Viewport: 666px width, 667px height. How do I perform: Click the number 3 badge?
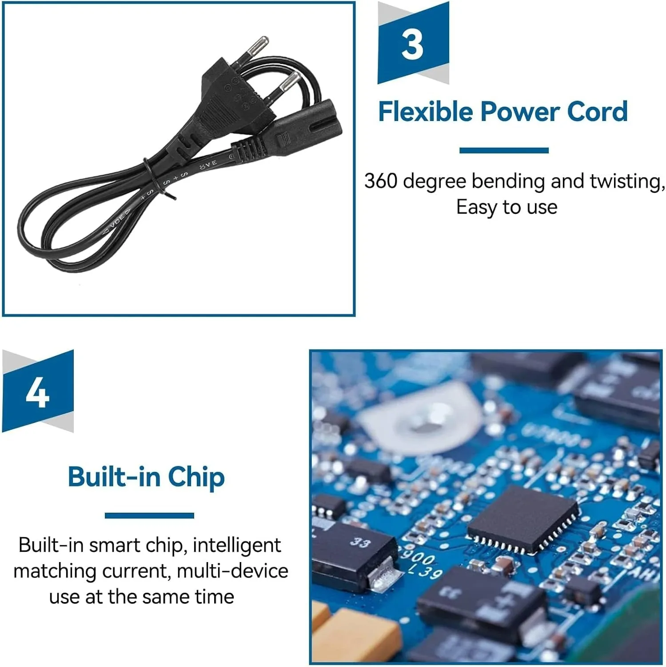point(413,43)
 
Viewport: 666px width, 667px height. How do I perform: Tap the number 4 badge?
point(38,391)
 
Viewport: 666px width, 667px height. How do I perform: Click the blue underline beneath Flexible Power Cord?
point(504,150)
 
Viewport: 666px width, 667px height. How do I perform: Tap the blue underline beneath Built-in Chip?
point(149,515)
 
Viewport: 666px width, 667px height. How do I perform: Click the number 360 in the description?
point(381,181)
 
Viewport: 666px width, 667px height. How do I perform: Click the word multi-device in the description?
point(232,571)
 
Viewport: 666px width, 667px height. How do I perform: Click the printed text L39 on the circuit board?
point(426,571)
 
